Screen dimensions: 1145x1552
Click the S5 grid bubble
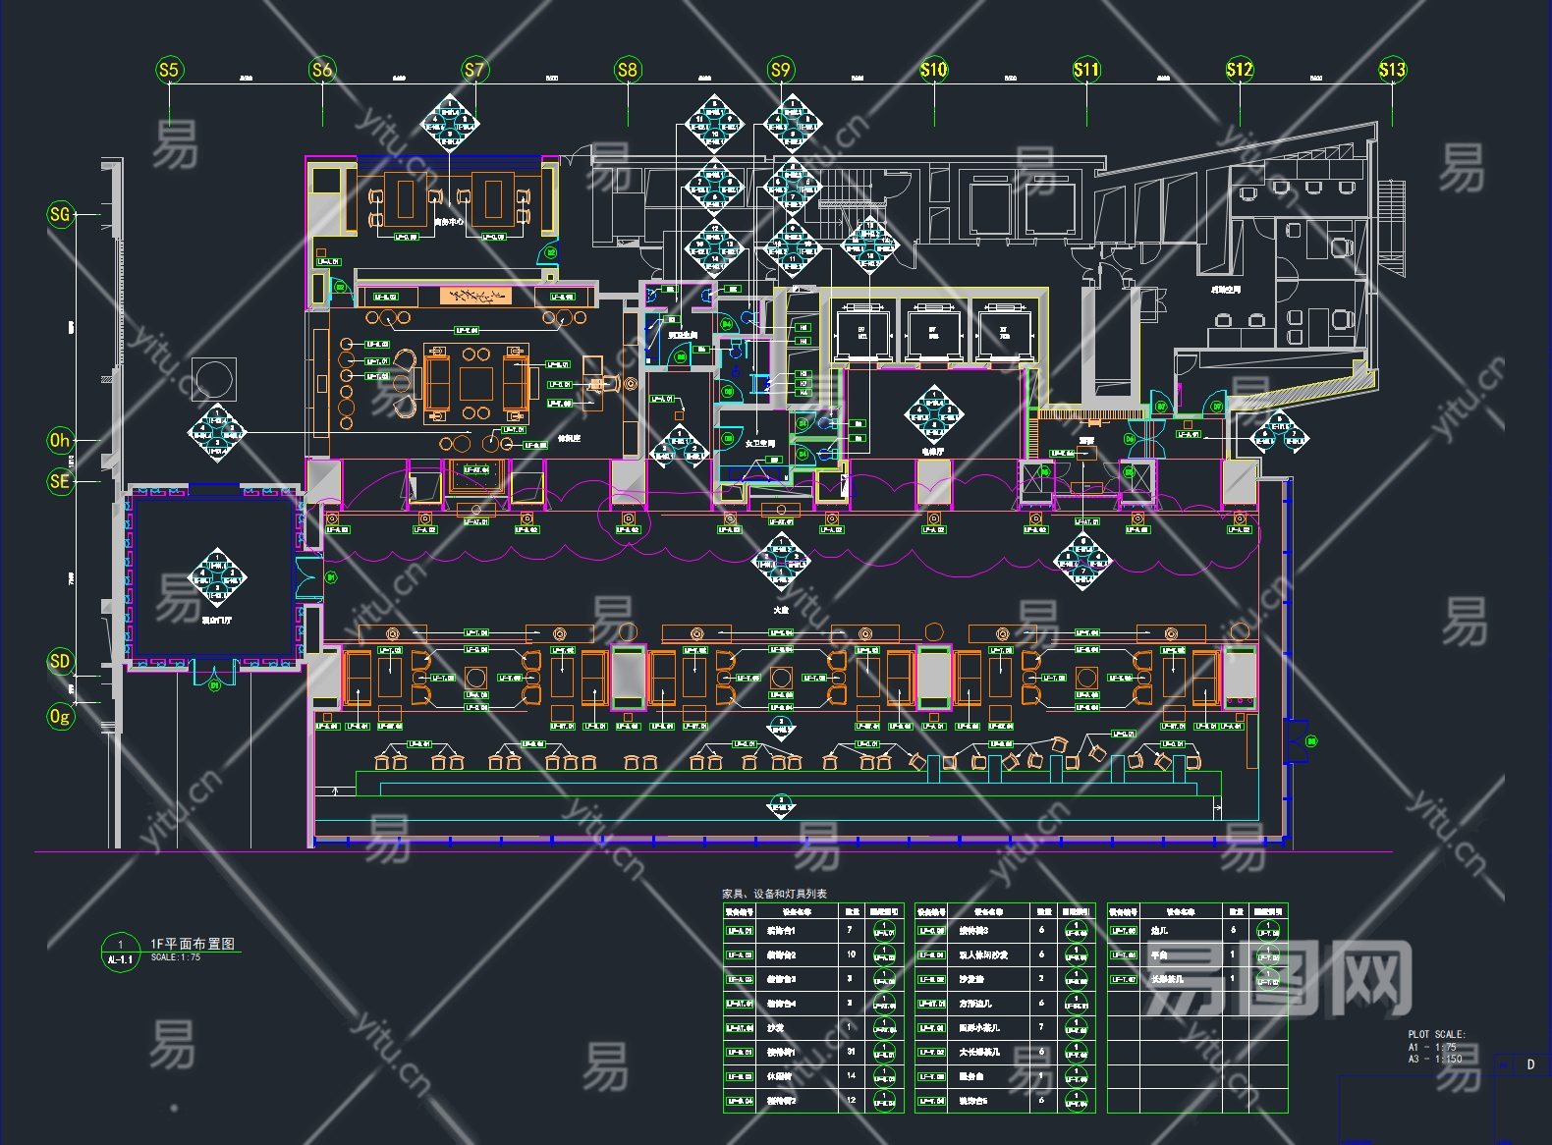coord(169,70)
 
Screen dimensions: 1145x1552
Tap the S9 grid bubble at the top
coord(780,70)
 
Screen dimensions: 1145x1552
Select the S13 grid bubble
coord(1392,70)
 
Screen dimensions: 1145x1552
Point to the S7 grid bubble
coord(474,70)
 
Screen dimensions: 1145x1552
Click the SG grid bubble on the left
coord(61,214)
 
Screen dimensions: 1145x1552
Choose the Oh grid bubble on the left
coord(61,441)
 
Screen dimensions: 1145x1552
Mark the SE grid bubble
coord(61,481)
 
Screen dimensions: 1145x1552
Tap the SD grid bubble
coord(61,661)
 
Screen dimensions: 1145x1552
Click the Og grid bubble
coord(61,717)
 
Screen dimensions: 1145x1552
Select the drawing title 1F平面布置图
coord(193,943)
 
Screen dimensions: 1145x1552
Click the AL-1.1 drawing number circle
coord(121,953)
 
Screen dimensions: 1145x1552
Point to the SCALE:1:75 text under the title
coord(176,957)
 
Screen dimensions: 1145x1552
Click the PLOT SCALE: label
coord(1436,1034)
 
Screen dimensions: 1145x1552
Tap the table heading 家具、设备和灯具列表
coord(774,894)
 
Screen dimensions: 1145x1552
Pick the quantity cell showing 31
coord(851,1052)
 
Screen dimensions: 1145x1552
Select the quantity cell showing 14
coord(851,1076)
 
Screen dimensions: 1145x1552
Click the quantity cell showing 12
coord(851,1101)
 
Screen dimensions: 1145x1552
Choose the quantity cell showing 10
coord(851,954)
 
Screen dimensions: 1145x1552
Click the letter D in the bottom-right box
coord(1530,1064)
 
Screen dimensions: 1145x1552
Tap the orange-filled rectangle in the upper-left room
coord(475,296)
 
